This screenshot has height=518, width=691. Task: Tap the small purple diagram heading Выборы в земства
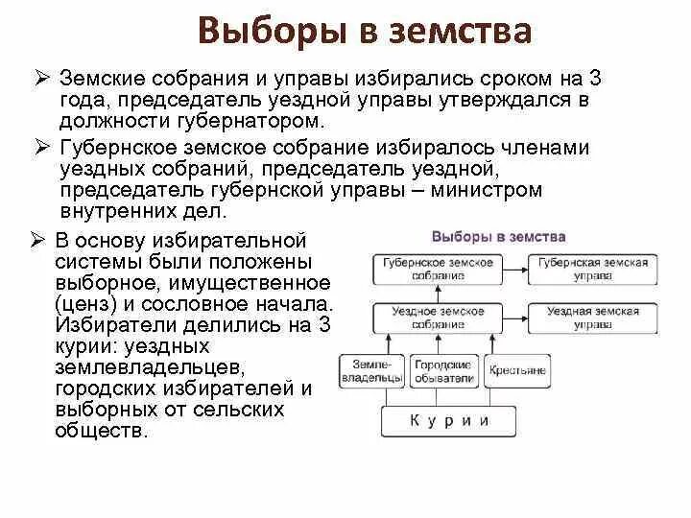(x=498, y=236)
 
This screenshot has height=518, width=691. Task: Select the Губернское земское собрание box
(x=438, y=269)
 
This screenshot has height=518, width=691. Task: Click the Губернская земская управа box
(x=592, y=269)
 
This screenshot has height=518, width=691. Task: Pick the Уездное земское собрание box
(x=438, y=318)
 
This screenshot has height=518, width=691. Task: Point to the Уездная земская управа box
(x=592, y=318)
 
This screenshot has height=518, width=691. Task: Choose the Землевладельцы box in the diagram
(x=372, y=371)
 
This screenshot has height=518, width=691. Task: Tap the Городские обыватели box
(x=442, y=371)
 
